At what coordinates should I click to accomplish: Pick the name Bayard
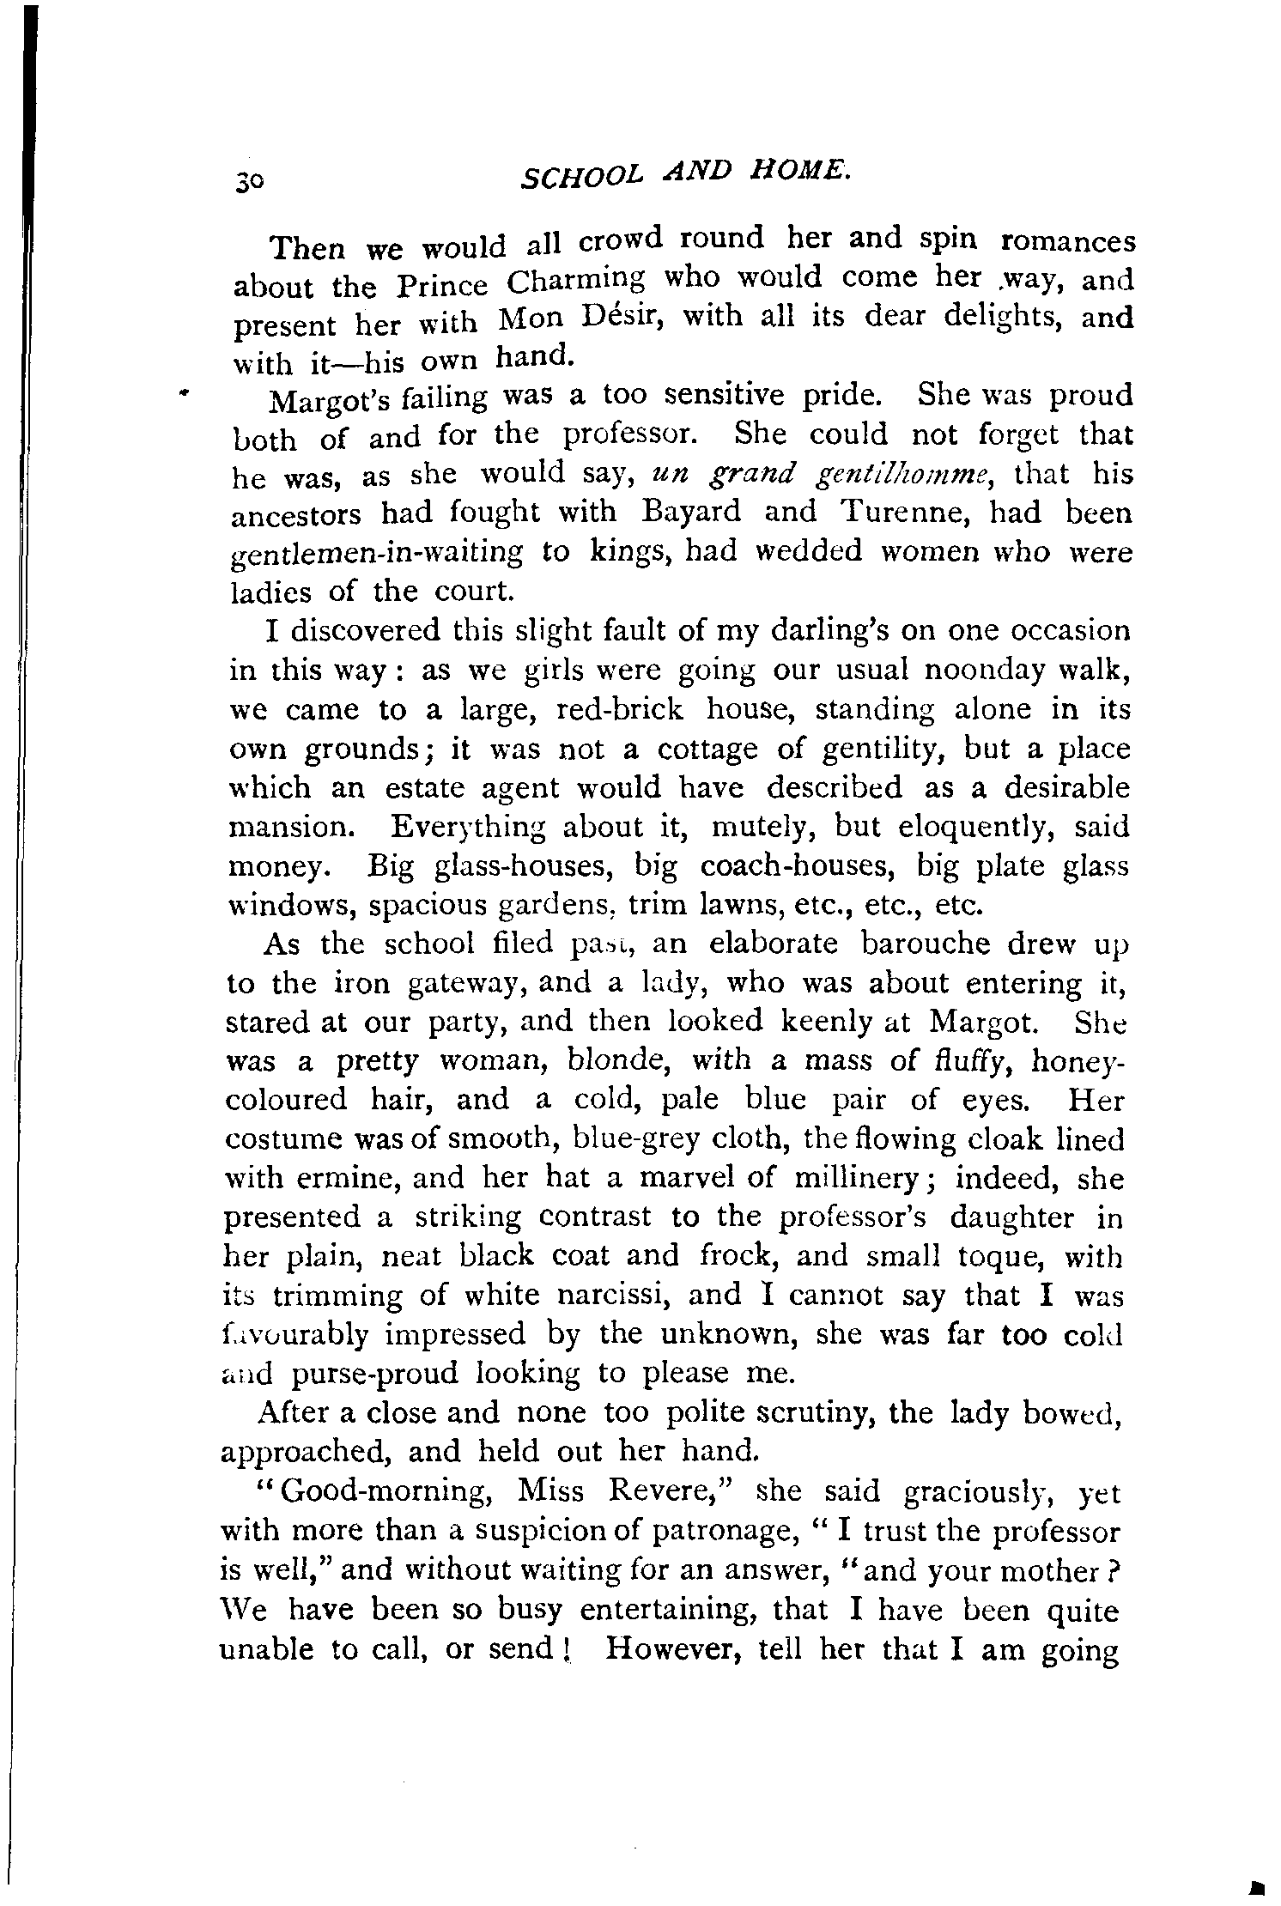pyautogui.click(x=691, y=513)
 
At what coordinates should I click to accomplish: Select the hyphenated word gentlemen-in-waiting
pyautogui.click(x=377, y=553)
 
